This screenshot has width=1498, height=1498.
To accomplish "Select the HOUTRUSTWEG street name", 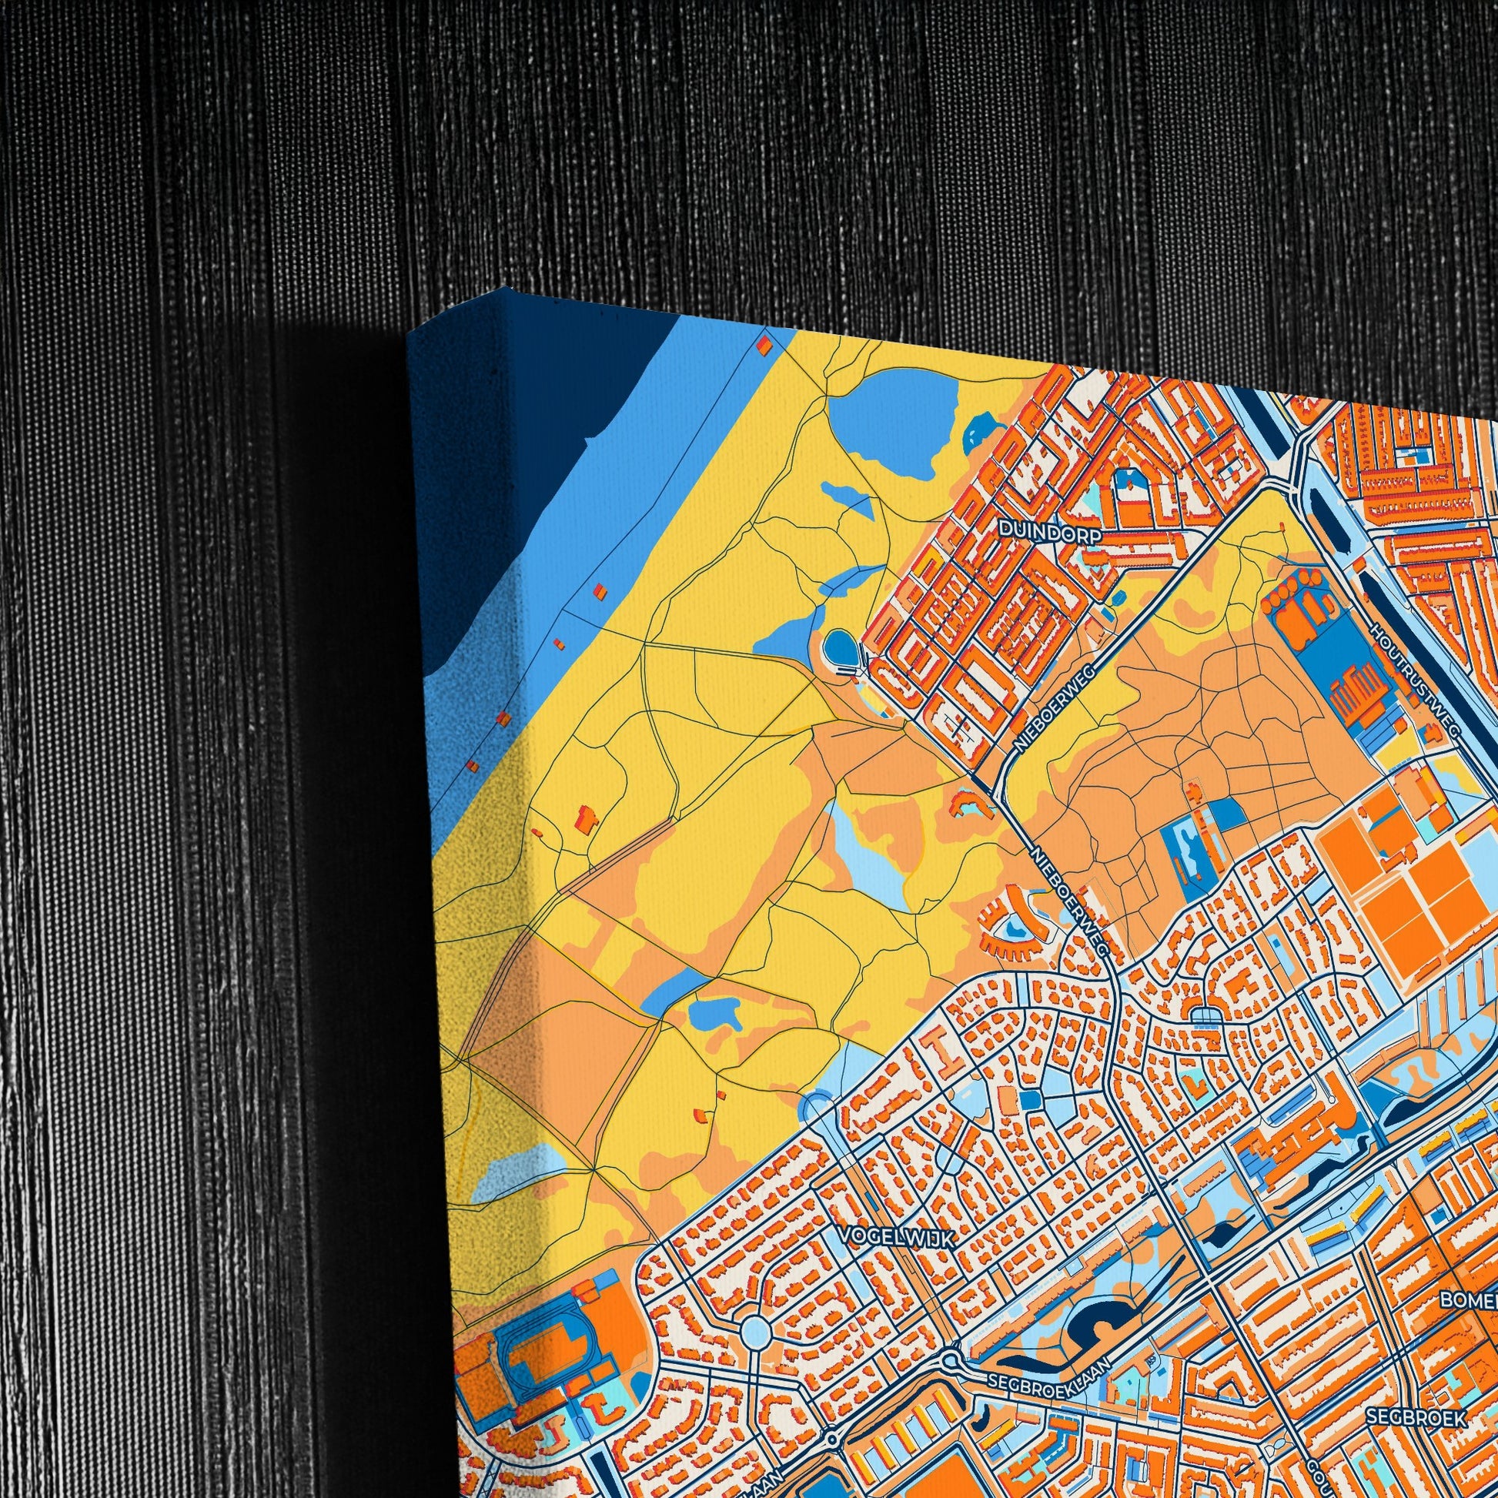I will [1414, 680].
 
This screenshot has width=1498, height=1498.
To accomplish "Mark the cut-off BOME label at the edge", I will [1469, 1299].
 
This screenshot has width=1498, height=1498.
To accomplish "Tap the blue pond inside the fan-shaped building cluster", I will [1014, 925].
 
